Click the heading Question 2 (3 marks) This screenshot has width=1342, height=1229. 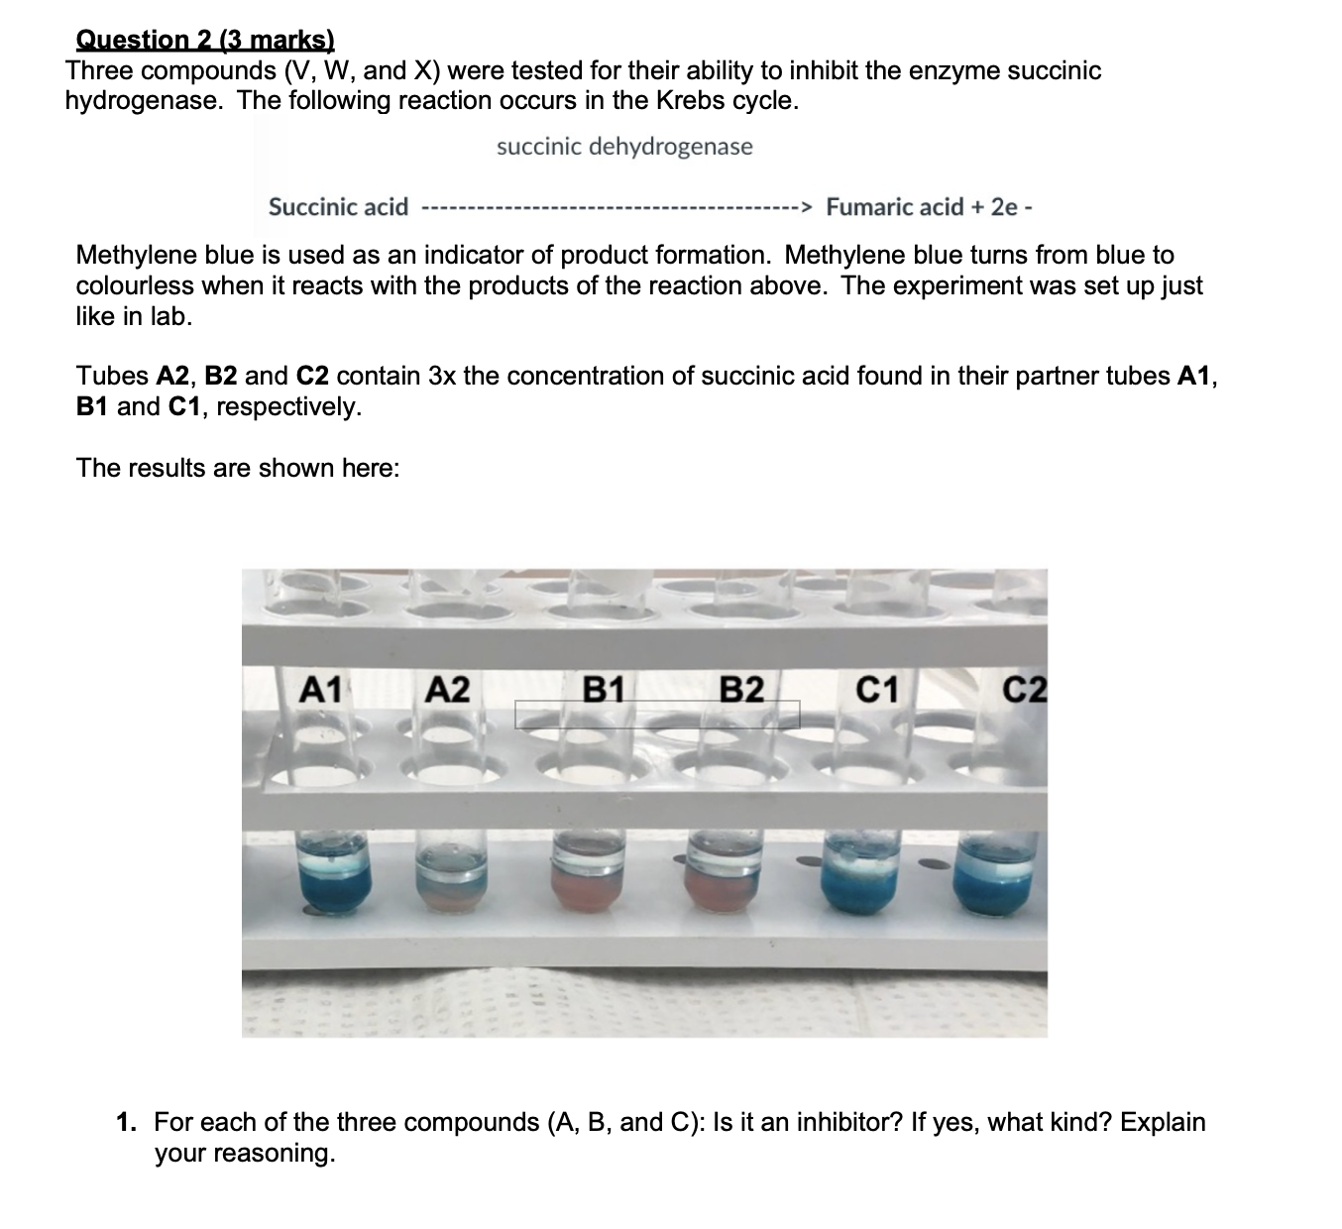coord(205,40)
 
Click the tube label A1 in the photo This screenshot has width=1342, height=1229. coord(321,689)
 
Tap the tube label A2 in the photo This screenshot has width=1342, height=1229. coord(448,689)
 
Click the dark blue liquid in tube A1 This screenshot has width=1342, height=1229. coord(335,887)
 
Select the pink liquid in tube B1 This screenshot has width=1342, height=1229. coord(589,889)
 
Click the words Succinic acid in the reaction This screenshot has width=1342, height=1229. coord(338,207)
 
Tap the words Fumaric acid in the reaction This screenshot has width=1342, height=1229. coord(894,207)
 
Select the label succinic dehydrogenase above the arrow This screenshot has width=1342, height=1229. coord(624,148)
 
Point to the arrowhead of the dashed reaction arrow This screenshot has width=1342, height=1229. coord(807,208)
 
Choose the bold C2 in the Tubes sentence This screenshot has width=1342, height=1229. coord(312,377)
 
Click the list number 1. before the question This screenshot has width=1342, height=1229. coord(126,1122)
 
